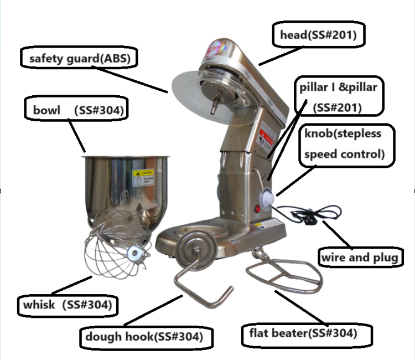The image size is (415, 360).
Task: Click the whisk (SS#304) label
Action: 68,304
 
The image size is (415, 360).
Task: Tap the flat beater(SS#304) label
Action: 306,333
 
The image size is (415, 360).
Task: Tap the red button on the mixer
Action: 257,209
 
